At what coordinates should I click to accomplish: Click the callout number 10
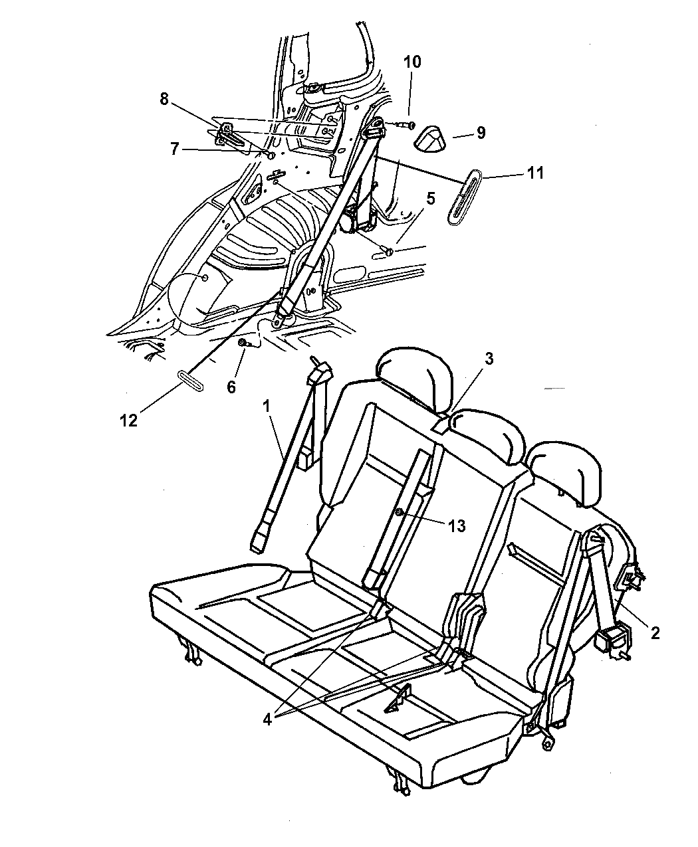coord(411,62)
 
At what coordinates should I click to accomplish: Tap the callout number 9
coord(481,133)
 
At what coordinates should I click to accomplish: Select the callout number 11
coord(534,173)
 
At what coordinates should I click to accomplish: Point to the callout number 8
coord(164,98)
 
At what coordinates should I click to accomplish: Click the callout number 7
coord(175,149)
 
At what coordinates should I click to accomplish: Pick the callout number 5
coord(430,199)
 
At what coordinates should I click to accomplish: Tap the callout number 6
coord(231,387)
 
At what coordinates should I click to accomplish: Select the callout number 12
coord(129,421)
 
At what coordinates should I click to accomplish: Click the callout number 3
coord(489,359)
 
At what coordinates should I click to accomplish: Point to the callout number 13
coord(457,526)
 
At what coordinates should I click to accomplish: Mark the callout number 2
coord(655,633)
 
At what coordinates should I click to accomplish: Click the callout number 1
coord(267,406)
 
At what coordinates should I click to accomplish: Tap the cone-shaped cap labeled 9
coord(429,138)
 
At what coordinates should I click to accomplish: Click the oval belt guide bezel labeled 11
coord(465,197)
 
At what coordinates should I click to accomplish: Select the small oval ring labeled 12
coord(190,381)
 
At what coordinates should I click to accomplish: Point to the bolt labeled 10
coord(404,125)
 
